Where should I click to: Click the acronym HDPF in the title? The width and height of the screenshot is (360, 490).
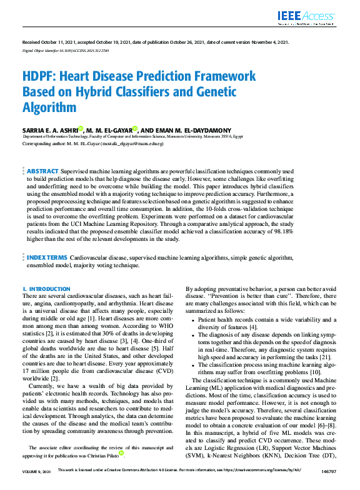pyautogui.click(x=40, y=76)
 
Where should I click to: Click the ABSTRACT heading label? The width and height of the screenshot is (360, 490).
pyautogui.click(x=42, y=171)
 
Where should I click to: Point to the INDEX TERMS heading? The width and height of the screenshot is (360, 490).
pyautogui.click(x=46, y=257)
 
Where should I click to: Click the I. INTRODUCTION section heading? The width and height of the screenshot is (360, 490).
pyautogui.click(x=46, y=289)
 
